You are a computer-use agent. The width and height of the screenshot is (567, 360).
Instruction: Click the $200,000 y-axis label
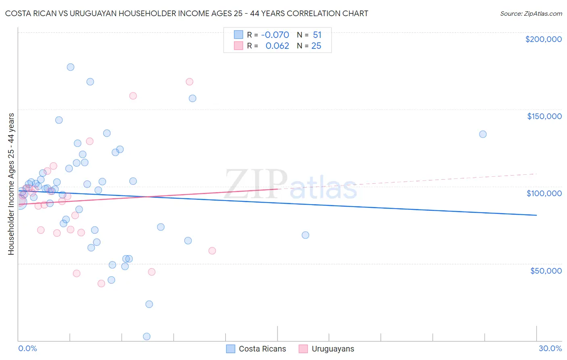coord(543,39)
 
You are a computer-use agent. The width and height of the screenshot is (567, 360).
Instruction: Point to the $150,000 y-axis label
coord(544,116)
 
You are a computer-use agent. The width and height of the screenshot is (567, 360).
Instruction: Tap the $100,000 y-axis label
coord(544,193)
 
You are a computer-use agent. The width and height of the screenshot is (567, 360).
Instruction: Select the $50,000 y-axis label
coord(546,270)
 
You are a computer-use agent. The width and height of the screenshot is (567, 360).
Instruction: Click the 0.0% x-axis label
coord(27,348)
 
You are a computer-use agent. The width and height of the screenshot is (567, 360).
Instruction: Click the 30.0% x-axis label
coord(550,348)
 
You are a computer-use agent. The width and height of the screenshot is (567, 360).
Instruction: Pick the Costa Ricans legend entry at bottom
coord(256,349)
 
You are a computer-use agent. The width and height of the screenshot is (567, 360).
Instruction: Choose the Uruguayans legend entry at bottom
coord(327,349)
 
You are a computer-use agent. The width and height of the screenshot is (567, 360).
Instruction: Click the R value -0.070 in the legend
coord(275,35)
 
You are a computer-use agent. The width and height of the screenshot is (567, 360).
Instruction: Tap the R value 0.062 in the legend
coord(277,46)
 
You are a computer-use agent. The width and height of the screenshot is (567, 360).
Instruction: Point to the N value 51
coord(317,35)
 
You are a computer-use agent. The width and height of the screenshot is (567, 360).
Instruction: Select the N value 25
coord(316,46)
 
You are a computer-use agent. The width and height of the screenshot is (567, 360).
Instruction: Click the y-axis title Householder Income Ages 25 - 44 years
coord(11,184)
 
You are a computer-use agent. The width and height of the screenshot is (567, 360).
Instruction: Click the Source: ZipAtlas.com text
coord(531,14)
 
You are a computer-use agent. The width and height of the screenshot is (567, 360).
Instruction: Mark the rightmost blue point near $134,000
coord(483,134)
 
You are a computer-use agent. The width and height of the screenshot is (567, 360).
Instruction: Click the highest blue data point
coord(71,67)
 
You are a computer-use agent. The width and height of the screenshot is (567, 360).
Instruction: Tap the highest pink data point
coord(190,82)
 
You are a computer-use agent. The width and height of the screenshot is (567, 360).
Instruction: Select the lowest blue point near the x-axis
coord(147,337)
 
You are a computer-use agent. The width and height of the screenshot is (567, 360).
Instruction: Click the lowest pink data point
coord(101,283)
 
